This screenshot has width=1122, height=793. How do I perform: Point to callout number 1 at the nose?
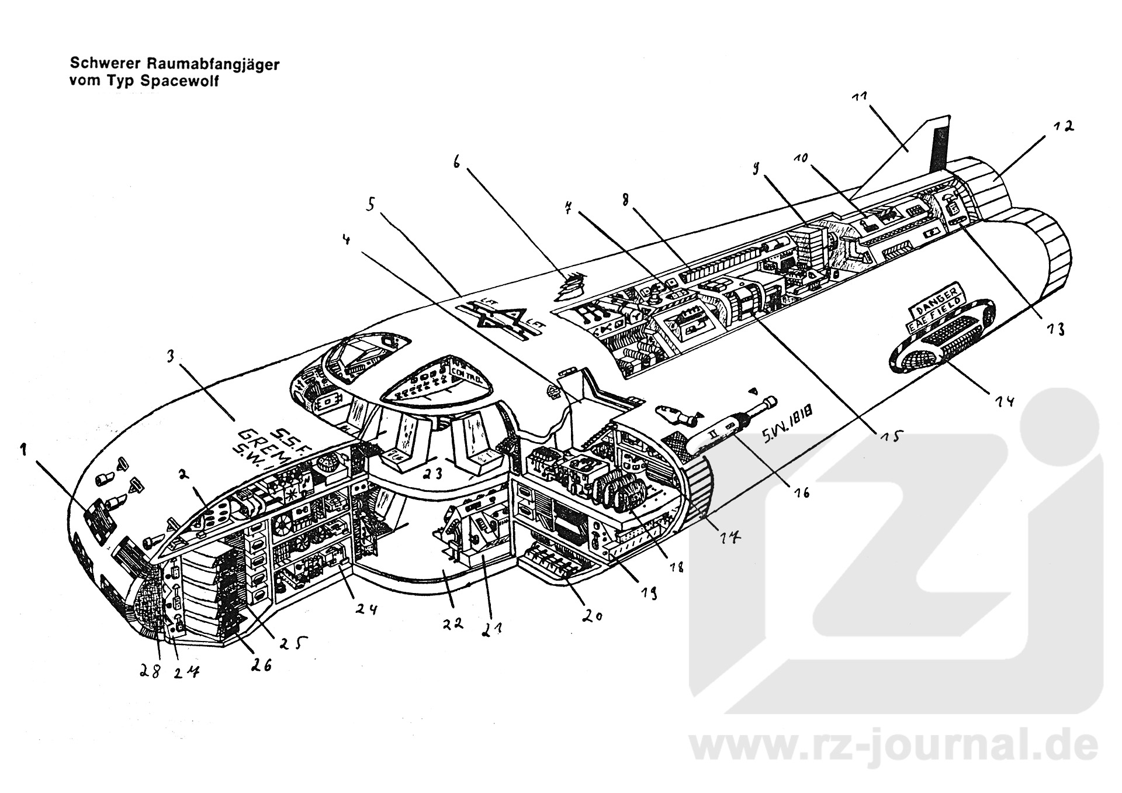click(23, 449)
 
